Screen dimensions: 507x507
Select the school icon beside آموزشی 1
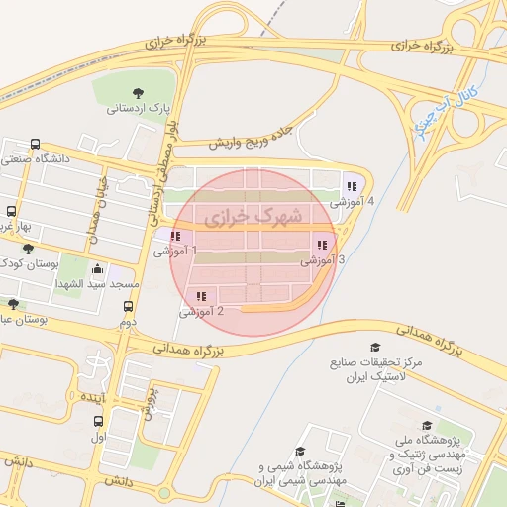coord(175,237)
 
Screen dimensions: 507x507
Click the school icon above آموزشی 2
coord(202,296)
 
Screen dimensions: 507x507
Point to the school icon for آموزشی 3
coord(321,245)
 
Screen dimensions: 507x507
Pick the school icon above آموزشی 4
coord(351,186)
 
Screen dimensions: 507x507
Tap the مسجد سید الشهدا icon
coord(97,269)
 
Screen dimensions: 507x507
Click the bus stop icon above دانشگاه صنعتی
coord(37,144)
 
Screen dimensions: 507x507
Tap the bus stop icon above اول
coord(97,420)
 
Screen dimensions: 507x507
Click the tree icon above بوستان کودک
coord(28,249)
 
